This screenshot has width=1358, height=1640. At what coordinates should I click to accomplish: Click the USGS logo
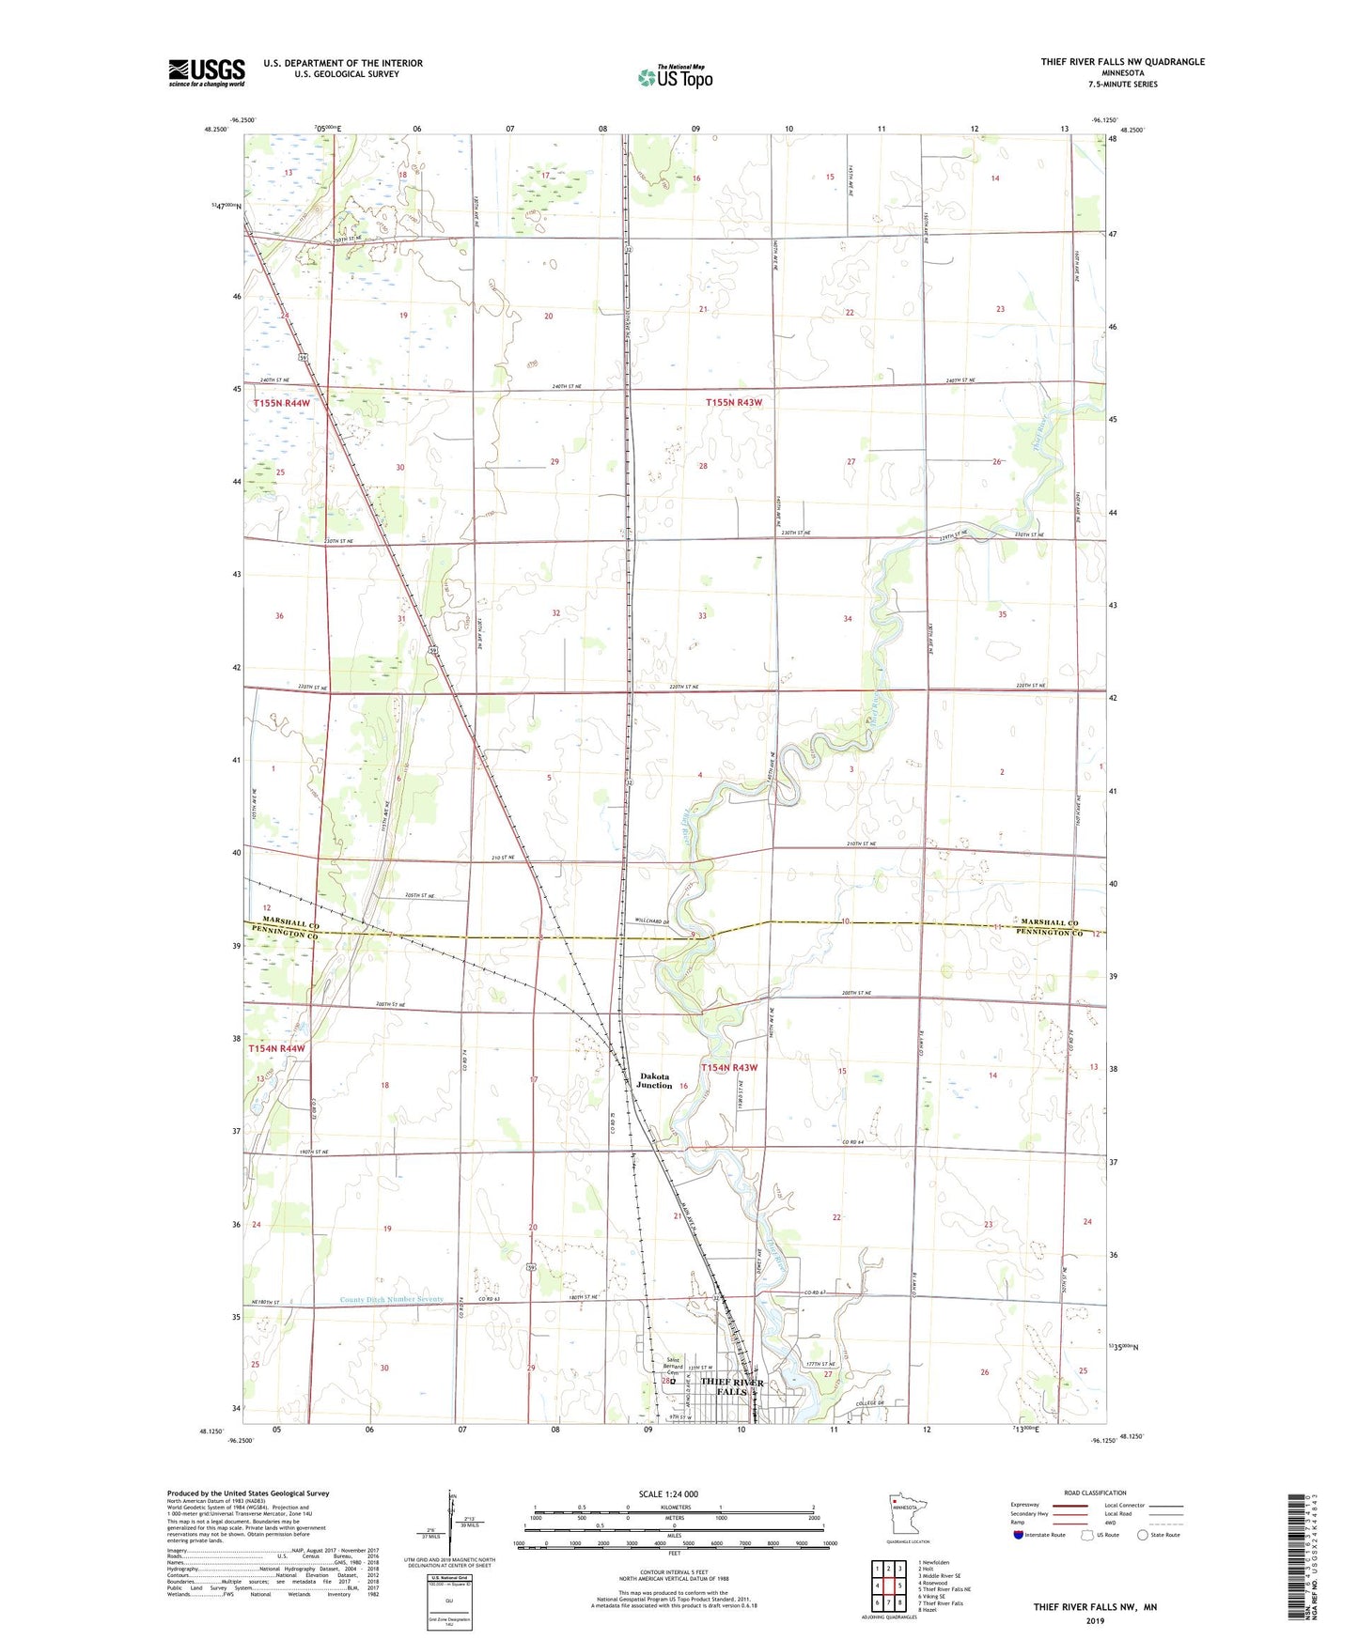206,72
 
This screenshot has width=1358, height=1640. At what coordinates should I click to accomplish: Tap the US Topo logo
674,77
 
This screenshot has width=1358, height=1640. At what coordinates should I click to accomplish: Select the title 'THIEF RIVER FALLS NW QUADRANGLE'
1122,62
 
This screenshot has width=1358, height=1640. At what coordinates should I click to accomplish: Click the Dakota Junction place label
654,1080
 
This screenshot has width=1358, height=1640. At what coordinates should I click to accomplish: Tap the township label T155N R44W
281,403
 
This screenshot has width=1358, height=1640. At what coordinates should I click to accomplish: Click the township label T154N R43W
729,1067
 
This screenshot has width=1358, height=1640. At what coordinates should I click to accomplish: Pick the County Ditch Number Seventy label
391,1300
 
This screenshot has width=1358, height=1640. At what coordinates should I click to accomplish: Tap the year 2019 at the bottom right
1095,1621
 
